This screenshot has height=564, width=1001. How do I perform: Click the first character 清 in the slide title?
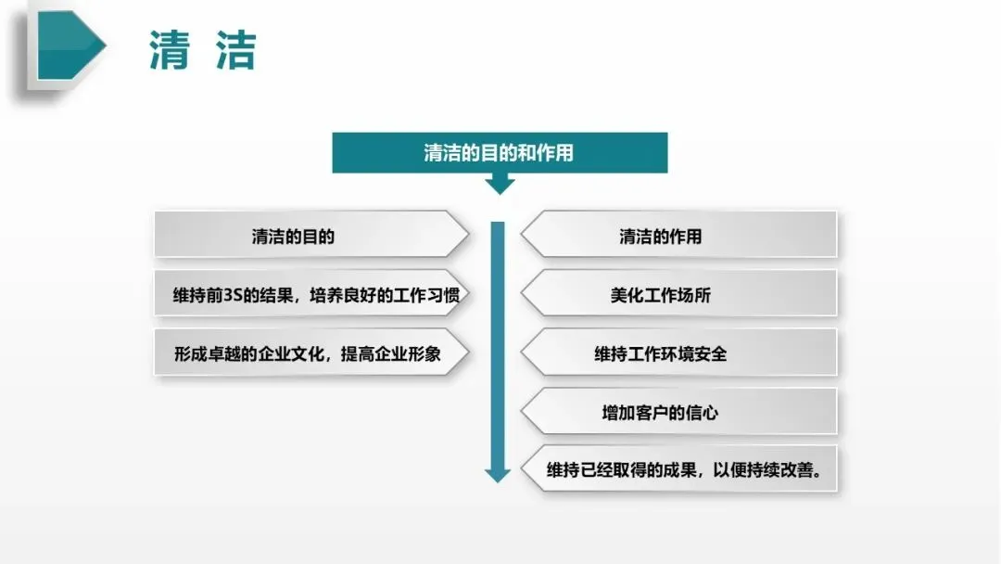click(x=170, y=50)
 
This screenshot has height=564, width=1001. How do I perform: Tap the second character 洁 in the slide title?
click(x=236, y=50)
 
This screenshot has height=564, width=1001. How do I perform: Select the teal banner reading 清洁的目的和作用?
click(x=500, y=153)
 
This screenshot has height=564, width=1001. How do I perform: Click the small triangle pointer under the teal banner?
click(x=500, y=185)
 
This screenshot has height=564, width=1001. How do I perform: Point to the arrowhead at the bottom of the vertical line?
click(x=498, y=475)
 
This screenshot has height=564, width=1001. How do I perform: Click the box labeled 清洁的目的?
click(x=311, y=235)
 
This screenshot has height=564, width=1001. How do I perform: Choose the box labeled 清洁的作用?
click(x=678, y=235)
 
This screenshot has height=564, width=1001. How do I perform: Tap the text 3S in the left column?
click(x=233, y=296)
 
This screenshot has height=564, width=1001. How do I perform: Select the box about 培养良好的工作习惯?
click(x=311, y=293)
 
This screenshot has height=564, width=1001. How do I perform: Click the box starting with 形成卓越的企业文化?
click(x=311, y=352)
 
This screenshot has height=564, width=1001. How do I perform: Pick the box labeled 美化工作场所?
click(x=678, y=293)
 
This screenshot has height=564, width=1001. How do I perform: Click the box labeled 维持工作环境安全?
click(x=678, y=352)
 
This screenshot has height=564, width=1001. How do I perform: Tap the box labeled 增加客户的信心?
click(x=678, y=411)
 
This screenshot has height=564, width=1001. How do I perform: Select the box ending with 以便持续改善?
click(x=678, y=468)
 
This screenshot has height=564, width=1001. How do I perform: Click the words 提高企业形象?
click(x=391, y=353)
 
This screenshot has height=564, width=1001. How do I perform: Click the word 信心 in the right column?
click(x=702, y=413)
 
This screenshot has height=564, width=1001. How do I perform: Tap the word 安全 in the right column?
click(x=710, y=353)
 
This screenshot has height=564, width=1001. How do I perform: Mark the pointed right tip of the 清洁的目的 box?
click(x=469, y=235)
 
